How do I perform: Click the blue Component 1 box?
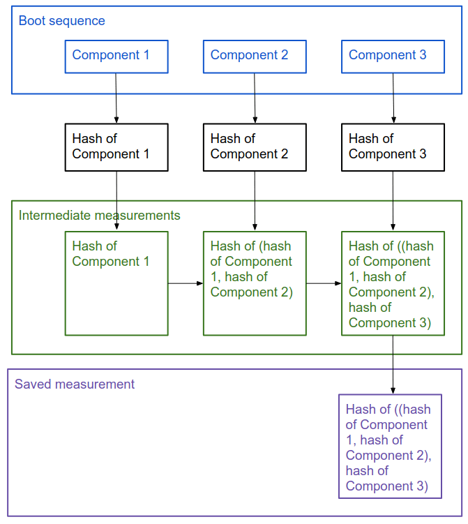point(116,57)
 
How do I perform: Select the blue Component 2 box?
point(255,57)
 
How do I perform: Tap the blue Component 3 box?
point(393,57)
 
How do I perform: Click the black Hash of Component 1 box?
point(116,147)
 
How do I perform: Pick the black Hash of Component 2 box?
point(255,147)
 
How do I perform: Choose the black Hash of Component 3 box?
point(393,147)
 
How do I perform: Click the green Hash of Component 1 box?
point(116,283)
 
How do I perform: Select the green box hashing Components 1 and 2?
point(255,283)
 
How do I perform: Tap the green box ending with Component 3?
point(393,283)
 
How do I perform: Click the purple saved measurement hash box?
point(390,447)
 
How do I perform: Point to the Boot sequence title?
point(61,21)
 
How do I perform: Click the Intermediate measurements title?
point(99,216)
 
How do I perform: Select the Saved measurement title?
point(75,384)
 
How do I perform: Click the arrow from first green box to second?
point(186,283)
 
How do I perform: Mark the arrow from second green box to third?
point(324,283)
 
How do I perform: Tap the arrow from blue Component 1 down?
point(116,98)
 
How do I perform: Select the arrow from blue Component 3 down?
point(393,98)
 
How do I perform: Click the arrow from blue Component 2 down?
point(255,98)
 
